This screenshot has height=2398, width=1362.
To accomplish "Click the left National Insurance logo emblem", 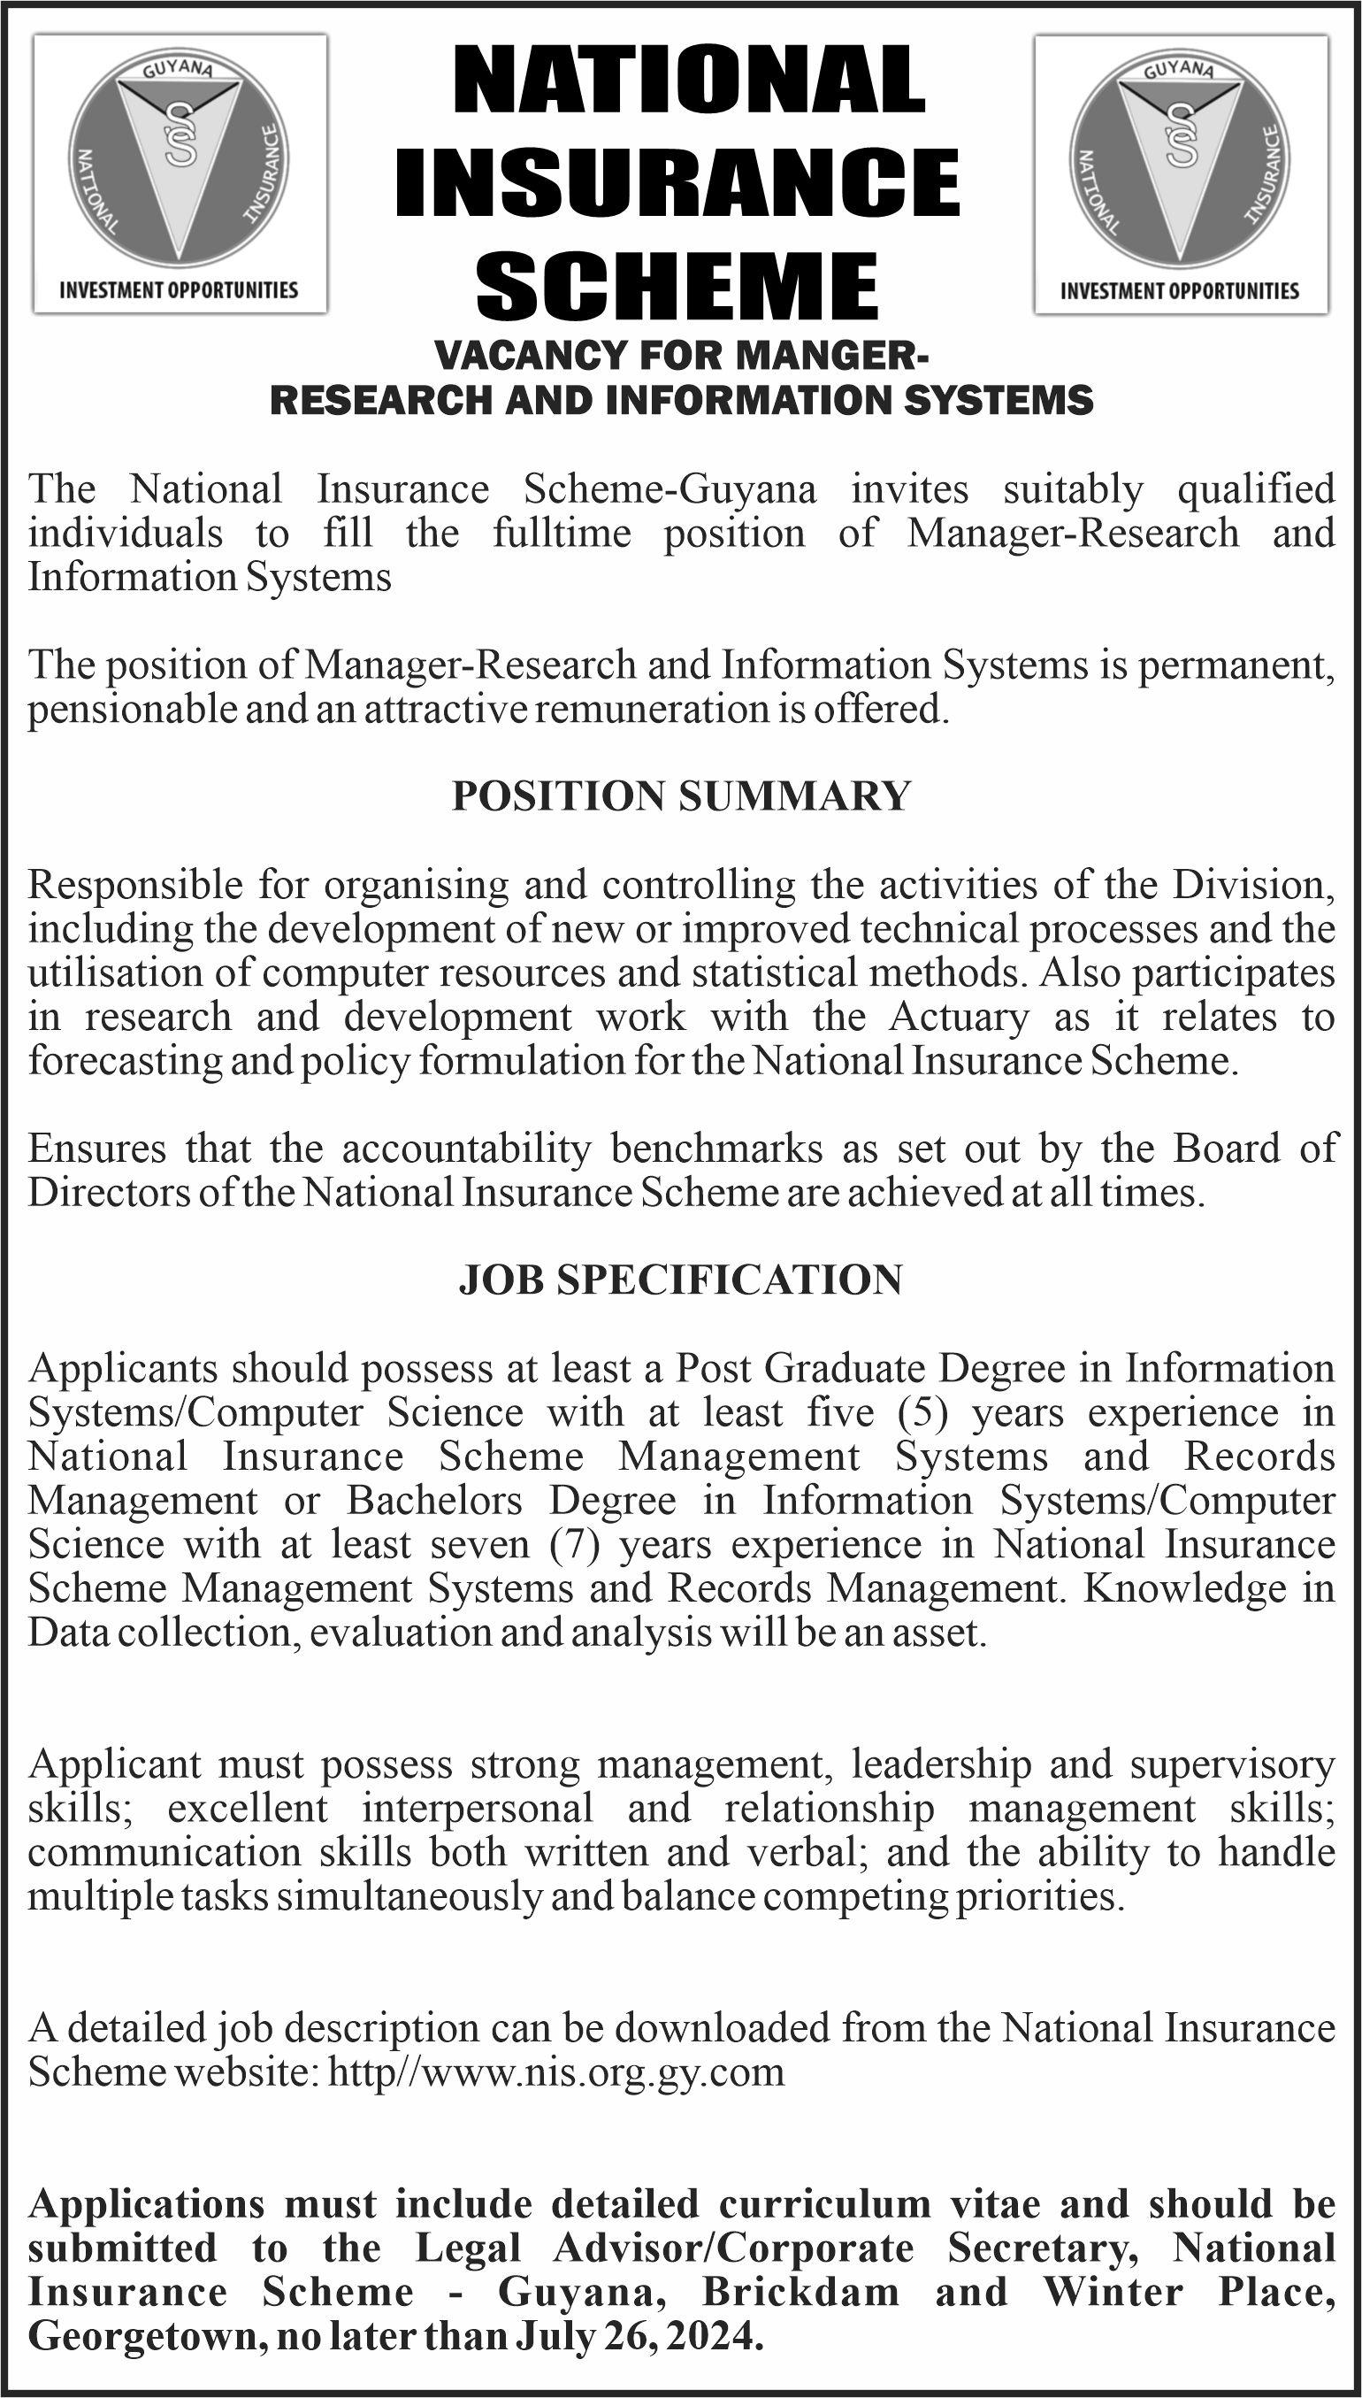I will click(180, 159).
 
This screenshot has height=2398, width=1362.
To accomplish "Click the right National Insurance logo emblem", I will click(1181, 159).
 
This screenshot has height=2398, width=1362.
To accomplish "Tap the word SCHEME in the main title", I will click(678, 285).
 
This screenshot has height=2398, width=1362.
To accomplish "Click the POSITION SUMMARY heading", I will click(681, 796).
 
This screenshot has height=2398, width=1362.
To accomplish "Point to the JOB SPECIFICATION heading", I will click(681, 1280).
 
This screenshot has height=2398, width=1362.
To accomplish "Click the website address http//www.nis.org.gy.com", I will click(557, 2072).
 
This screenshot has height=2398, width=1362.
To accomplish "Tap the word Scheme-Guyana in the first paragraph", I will click(670, 489).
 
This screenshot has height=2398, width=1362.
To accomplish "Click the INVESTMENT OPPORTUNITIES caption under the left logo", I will click(179, 290).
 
